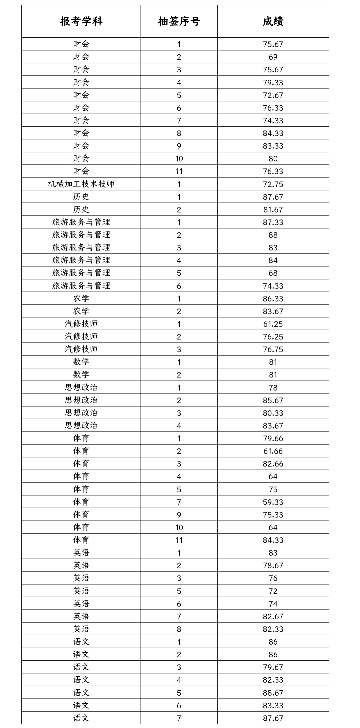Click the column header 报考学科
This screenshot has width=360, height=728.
point(81,22)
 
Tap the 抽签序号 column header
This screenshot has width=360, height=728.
point(179,22)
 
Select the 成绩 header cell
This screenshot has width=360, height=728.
point(273,22)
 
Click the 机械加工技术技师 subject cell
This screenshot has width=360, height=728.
point(81,184)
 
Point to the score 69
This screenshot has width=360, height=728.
point(273,57)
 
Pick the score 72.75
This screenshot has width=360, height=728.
point(273,184)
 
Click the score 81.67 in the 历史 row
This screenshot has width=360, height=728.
point(273,210)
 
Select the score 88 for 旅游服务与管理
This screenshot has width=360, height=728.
point(273,235)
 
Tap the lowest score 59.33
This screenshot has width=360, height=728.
point(273,502)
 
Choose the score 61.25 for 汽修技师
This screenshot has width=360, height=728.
point(273,324)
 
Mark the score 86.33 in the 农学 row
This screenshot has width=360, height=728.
point(273,298)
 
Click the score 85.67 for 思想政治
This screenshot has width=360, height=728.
point(273,400)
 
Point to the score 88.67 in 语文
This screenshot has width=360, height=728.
point(273,693)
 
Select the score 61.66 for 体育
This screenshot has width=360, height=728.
point(273,451)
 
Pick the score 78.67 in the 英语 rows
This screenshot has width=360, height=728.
point(273,566)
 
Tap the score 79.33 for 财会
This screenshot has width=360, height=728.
point(273,82)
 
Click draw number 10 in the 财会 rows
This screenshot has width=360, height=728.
point(179,159)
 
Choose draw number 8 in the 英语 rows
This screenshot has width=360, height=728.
point(179,629)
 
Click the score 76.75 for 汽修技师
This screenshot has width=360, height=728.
point(273,349)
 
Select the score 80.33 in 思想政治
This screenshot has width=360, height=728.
point(273,413)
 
